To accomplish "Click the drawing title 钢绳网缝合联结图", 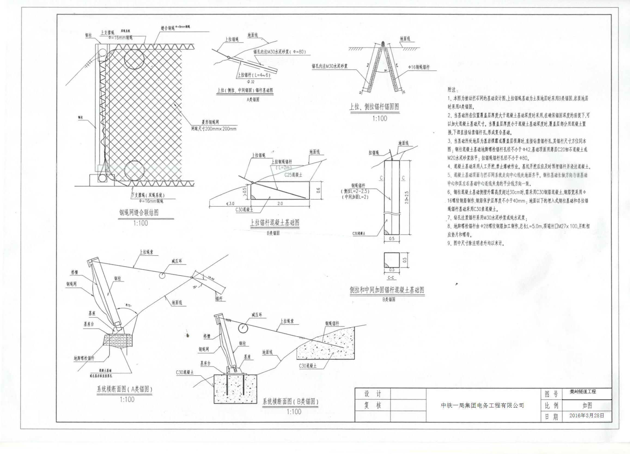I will pos(139,213).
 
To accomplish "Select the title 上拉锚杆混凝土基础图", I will pos(275,223).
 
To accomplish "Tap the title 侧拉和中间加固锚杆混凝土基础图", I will pos(387,290).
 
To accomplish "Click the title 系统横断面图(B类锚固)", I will pos(290,401).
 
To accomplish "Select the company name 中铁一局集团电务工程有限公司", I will pos(482,405).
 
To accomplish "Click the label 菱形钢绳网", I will pos(210,122).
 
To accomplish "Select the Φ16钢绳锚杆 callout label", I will pos(419,67).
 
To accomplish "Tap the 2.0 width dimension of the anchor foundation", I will pos(280,203).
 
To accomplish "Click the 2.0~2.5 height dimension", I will pos(407,197).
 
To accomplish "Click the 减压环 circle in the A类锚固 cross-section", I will pos(162,275).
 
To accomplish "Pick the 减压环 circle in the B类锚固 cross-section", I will pos(243,328).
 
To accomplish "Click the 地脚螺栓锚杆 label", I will pos(84,358).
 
